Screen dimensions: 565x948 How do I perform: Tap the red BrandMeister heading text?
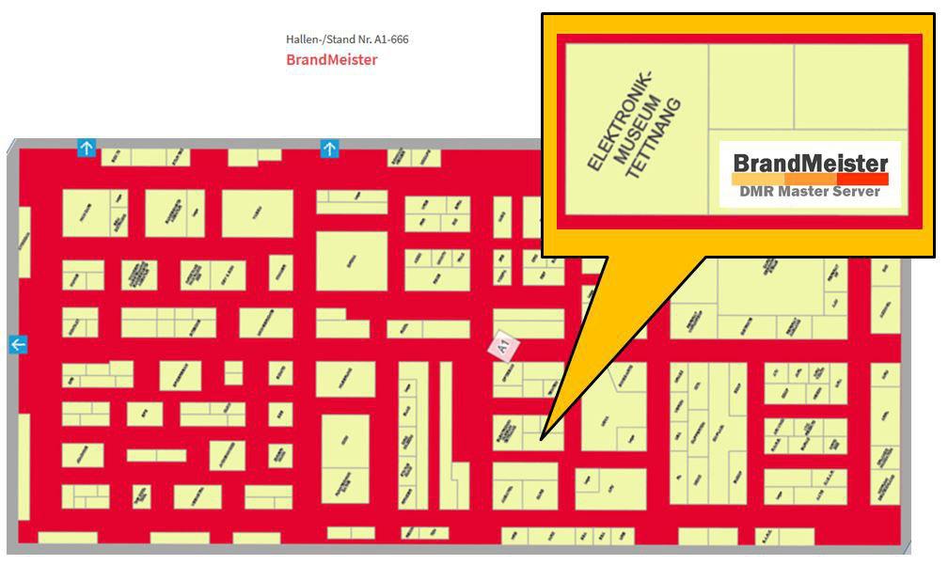click(x=332, y=60)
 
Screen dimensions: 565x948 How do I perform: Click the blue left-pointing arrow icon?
click(x=18, y=345)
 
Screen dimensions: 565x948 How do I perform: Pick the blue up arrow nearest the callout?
click(x=329, y=149)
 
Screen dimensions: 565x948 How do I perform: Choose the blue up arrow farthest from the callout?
click(x=87, y=148)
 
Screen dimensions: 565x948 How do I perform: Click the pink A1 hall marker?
click(x=503, y=345)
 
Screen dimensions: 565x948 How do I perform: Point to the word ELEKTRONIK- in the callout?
click(x=619, y=121)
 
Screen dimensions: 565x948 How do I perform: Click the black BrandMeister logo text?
click(x=810, y=163)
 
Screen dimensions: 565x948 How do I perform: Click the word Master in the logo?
click(x=804, y=192)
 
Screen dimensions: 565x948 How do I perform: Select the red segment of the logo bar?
click(x=862, y=179)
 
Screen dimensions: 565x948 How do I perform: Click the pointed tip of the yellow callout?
click(x=542, y=437)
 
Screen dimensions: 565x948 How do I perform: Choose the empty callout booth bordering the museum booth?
click(x=750, y=86)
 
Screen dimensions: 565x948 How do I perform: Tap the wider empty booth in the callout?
click(x=851, y=86)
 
